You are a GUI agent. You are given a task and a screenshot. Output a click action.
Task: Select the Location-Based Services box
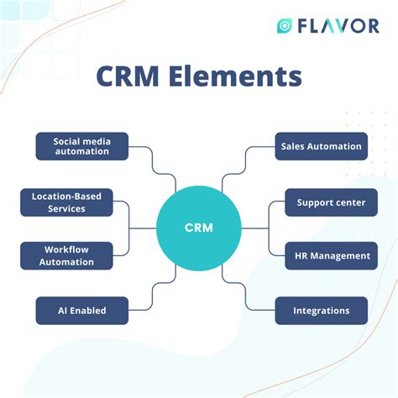point(66,202)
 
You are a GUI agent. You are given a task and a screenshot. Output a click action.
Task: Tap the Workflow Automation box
point(66,255)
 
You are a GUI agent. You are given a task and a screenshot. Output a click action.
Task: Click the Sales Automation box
point(321,146)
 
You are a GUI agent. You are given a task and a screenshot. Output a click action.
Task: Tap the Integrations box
point(321,311)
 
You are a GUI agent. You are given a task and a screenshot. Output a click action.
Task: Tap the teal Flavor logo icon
point(285,26)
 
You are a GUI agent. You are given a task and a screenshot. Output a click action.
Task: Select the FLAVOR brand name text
point(338,26)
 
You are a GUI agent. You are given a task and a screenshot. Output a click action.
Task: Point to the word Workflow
point(66,249)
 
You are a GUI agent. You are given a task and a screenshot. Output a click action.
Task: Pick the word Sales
point(296,146)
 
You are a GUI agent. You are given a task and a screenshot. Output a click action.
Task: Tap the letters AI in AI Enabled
point(63,311)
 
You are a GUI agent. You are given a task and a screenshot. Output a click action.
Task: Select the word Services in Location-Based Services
point(66,208)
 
